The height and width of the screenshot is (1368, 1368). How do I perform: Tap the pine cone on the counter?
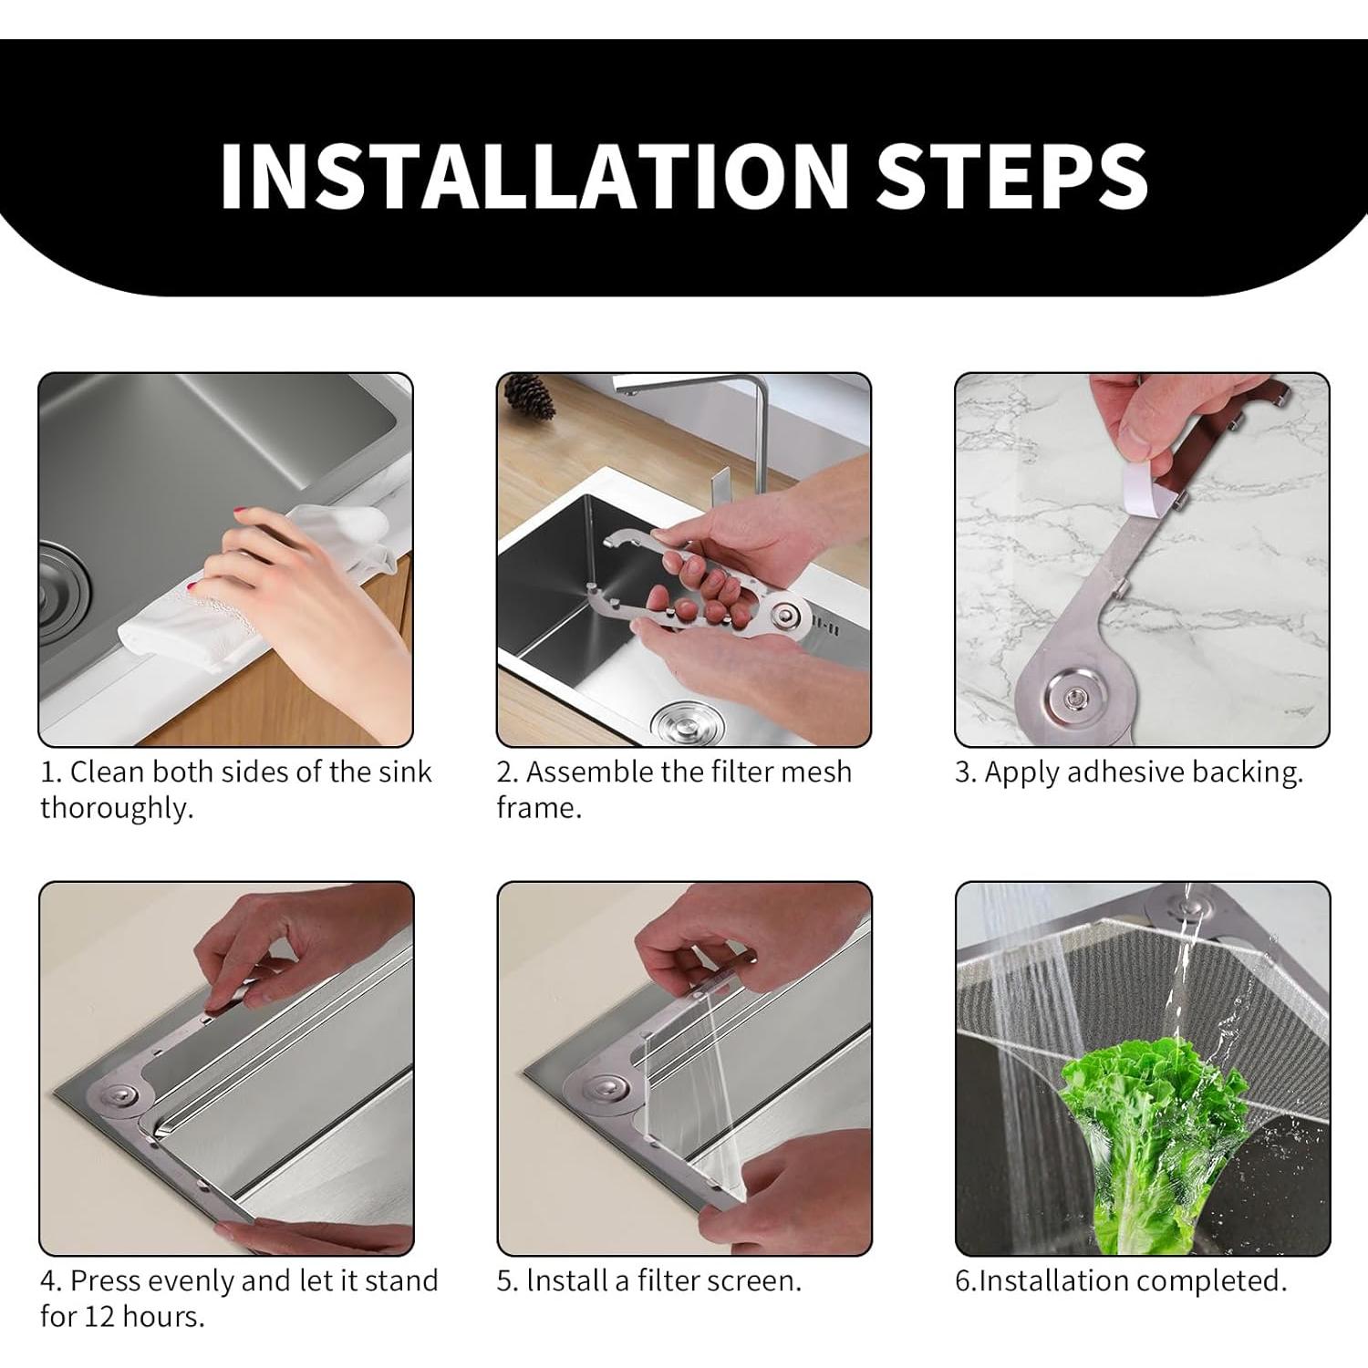tap(529, 399)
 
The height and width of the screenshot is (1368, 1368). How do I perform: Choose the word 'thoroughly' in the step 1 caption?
tap(116, 808)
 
